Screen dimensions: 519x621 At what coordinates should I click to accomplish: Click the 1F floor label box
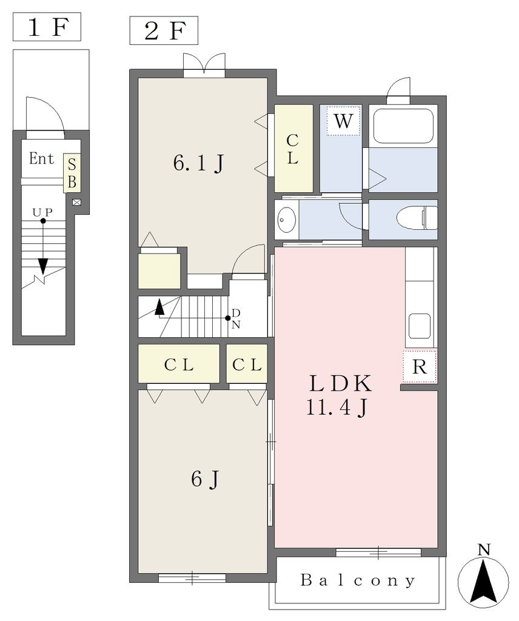point(47,27)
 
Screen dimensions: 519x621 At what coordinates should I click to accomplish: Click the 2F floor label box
point(164,30)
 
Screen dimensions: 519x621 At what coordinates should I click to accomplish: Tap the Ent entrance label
point(41,158)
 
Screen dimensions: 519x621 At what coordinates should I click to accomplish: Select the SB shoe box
point(72,173)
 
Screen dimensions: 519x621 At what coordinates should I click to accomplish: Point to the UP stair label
point(42,213)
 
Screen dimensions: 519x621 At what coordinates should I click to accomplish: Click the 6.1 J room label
point(199,163)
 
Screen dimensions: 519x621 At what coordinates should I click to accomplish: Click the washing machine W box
point(343,121)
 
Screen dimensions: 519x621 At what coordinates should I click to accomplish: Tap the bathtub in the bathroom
point(403,126)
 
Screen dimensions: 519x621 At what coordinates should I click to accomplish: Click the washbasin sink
point(287,220)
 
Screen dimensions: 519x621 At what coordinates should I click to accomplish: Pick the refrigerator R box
point(420,367)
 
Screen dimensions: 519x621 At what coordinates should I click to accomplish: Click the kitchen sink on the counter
point(419,326)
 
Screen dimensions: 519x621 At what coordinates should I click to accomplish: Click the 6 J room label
point(205,479)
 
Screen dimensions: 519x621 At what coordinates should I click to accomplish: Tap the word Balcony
point(358,580)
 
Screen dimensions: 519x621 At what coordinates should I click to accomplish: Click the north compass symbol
point(483,577)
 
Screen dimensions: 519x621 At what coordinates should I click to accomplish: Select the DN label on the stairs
point(236,319)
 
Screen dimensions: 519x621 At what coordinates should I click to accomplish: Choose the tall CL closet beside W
point(293,148)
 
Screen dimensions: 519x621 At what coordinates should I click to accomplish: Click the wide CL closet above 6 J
point(178,364)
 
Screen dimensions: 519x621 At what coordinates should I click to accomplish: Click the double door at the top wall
point(204,63)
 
